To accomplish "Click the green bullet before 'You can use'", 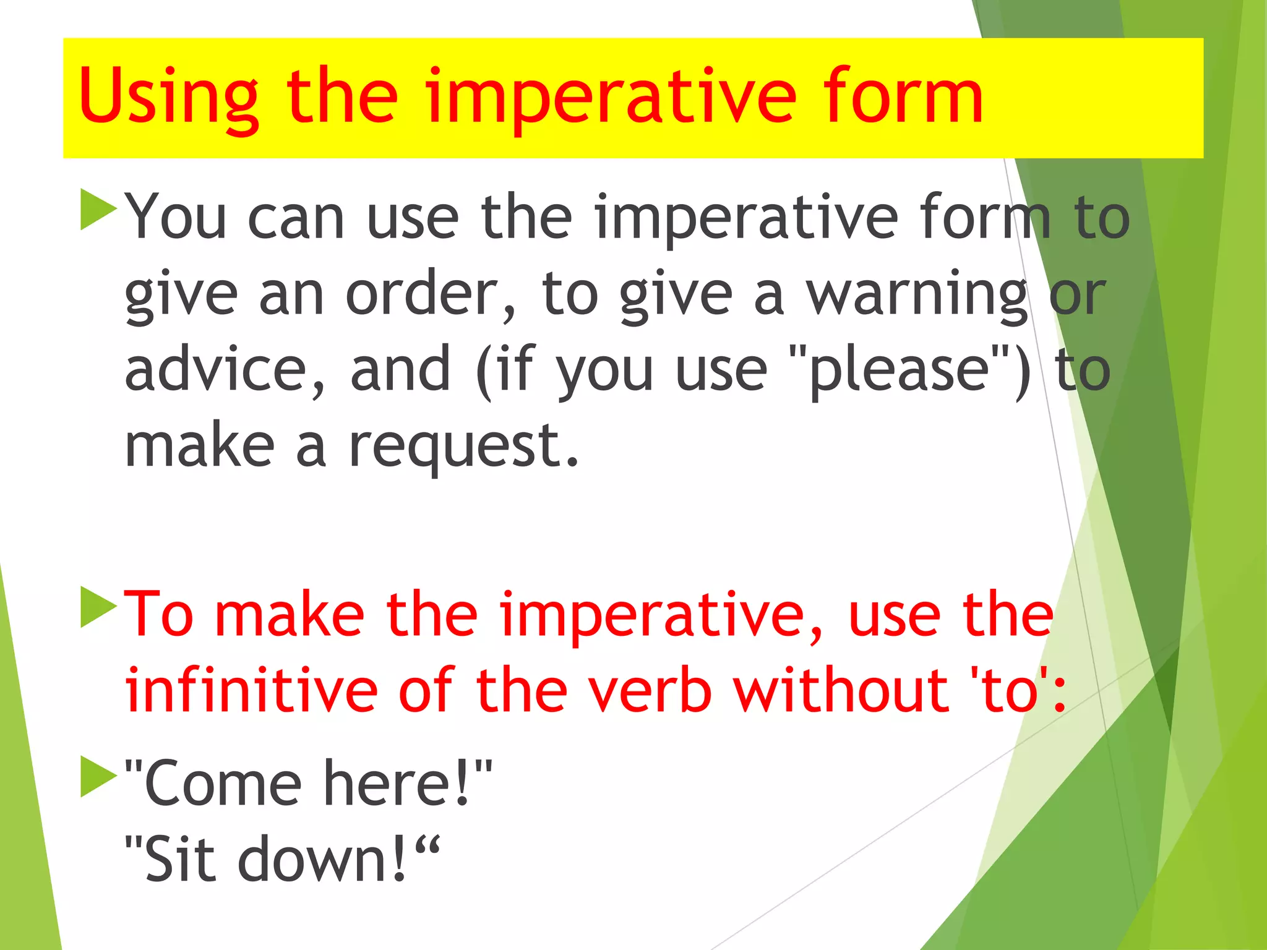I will (98, 210).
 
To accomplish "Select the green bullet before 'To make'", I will (98, 607).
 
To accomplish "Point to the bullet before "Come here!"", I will (98, 776).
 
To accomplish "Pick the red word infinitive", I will (251, 690).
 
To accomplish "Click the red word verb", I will (650, 690).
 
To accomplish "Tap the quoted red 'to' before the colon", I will (1009, 691).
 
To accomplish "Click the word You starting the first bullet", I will (176, 216).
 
